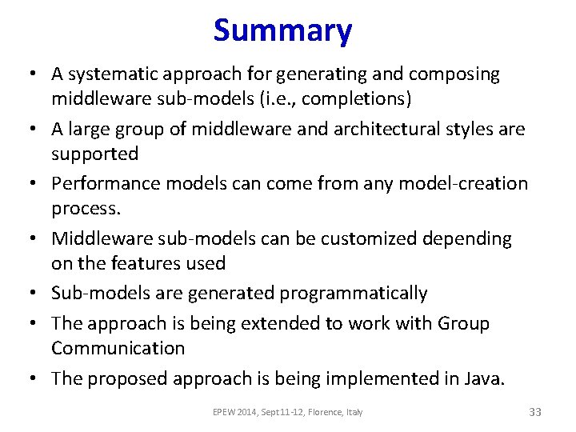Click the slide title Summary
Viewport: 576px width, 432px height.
pyautogui.click(x=282, y=31)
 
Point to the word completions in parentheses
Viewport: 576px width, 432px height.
pyautogui.click(x=355, y=99)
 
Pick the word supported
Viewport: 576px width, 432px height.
pyautogui.click(x=94, y=154)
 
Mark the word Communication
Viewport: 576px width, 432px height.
pyautogui.click(x=118, y=348)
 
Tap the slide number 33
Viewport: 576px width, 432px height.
pyautogui.click(x=535, y=412)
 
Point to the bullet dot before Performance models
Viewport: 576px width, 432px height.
pyautogui.click(x=34, y=184)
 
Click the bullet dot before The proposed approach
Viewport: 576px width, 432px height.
pyautogui.click(x=34, y=379)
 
